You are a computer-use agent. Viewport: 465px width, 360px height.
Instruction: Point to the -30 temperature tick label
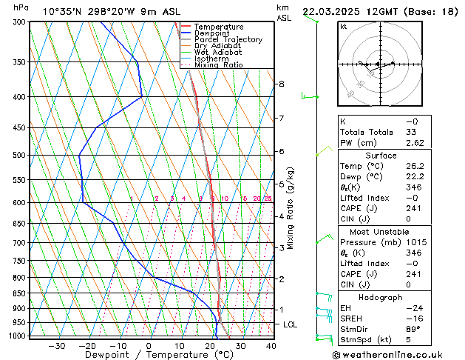(56, 346)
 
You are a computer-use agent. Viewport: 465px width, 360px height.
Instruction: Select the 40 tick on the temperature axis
(271, 346)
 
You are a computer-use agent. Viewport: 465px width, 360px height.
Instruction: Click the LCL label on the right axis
(291, 324)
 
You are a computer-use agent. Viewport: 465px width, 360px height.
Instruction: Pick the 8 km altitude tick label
(282, 84)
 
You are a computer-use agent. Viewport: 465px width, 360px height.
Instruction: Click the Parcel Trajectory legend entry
(228, 39)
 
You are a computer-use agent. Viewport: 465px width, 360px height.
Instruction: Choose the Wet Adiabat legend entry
(220, 52)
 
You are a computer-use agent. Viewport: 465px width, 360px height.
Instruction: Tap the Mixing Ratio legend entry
(218, 64)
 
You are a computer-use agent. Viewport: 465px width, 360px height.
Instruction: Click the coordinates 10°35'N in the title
(63, 11)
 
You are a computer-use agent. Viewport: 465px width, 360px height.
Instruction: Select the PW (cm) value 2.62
(412, 143)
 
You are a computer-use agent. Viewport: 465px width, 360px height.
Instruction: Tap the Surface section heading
(381, 156)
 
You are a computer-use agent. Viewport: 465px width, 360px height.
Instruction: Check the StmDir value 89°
(413, 329)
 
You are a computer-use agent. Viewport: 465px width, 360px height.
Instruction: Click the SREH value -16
(412, 319)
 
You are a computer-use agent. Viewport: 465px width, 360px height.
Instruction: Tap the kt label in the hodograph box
(343, 26)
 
